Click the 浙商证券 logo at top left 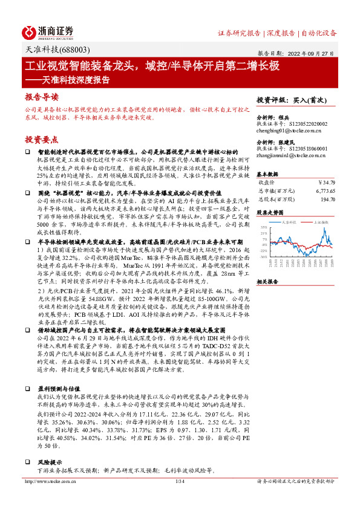pos(48,32)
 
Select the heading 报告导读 pos(42,97)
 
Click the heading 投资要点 pos(42,139)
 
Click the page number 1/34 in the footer pos(180,498)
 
